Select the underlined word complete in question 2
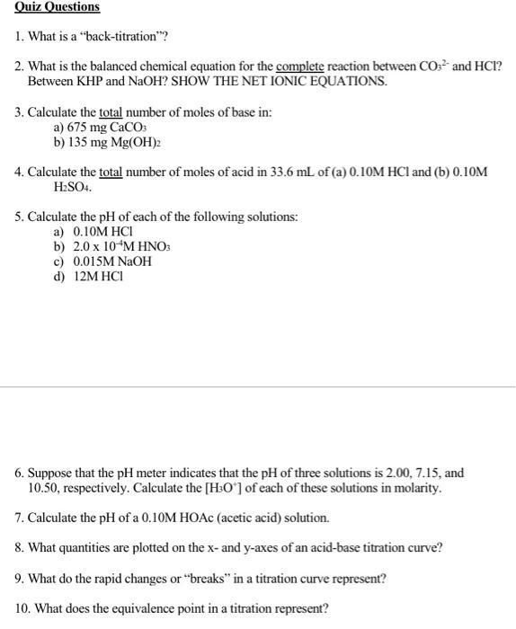301,67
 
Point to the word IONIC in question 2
312,82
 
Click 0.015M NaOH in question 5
112,261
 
